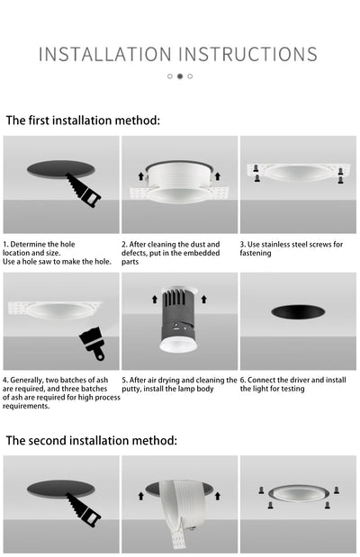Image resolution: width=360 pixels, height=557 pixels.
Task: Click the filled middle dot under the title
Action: (179, 76)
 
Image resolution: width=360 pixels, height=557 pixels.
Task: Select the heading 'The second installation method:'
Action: (92, 440)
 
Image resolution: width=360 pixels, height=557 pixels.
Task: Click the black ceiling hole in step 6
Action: (298, 312)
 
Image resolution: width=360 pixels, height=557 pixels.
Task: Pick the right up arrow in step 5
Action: (204, 298)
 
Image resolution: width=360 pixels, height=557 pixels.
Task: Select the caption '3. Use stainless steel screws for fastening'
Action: (291, 248)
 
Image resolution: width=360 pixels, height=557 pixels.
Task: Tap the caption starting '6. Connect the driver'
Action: (292, 384)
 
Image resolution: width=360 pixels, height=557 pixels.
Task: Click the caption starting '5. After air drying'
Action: (179, 384)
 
